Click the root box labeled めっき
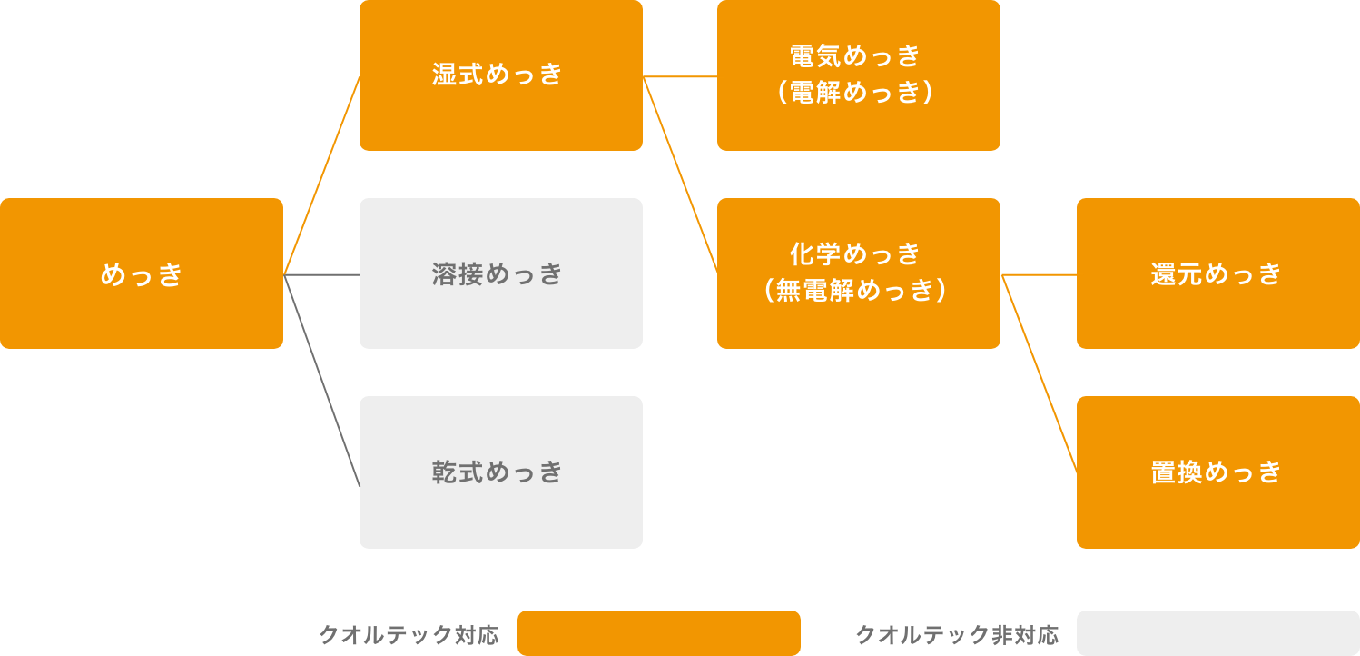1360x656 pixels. click(142, 273)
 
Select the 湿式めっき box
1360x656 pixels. click(500, 75)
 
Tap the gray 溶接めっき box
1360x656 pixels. click(500, 273)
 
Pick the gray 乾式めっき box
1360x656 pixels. click(500, 472)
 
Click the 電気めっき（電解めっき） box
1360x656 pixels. click(858, 75)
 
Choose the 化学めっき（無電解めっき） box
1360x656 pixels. click(858, 273)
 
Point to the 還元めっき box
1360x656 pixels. click(1217, 273)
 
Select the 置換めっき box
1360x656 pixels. click(1217, 472)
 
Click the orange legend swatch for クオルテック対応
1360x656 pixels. click(658, 633)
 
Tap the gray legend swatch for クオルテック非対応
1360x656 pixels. click(1217, 633)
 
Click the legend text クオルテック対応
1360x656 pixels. click(409, 634)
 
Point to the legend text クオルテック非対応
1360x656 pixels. click(957, 634)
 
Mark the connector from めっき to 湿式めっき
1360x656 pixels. click(321, 175)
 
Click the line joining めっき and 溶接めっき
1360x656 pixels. click(321, 274)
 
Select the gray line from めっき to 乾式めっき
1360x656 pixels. click(321, 380)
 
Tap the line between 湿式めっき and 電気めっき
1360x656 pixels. click(680, 77)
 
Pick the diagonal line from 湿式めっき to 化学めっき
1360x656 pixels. click(680, 174)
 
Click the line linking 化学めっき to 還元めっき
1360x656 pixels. click(1039, 274)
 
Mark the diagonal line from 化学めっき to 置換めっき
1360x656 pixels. click(1039, 373)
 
